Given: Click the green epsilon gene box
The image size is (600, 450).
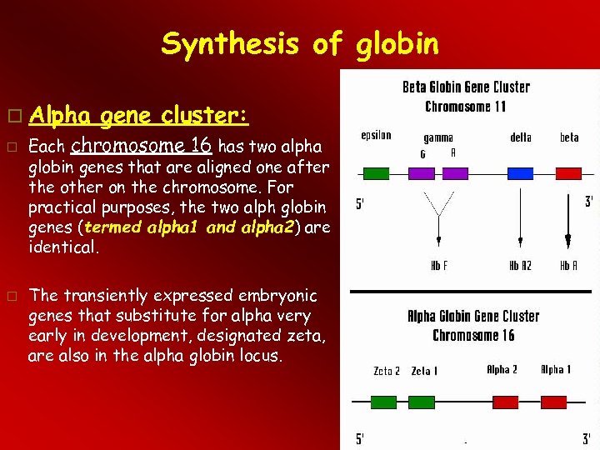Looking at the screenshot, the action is pos(377,173).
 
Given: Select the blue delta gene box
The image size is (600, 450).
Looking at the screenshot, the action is pos(520,173).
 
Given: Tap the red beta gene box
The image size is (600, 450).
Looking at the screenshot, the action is pos(568,173).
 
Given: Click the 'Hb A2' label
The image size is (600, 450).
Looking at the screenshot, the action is pos(522,266).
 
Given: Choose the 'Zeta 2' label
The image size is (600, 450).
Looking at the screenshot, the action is pos(386,371).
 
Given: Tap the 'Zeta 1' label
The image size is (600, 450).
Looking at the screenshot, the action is pos(424,371).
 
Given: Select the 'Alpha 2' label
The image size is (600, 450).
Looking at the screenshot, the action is pos(502,369).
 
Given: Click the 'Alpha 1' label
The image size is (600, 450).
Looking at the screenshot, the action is pos(556,369).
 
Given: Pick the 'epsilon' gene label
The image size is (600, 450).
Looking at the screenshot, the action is pos(376,135).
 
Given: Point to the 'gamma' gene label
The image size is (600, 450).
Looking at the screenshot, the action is pos(438,137).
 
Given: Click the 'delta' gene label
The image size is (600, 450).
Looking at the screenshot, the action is pos(521,137).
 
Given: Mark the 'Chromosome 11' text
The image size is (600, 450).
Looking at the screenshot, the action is pos(465,106).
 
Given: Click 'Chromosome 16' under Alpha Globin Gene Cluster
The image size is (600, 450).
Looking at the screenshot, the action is pos(472,335).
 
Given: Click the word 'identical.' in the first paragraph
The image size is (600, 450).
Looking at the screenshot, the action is pos(62,247).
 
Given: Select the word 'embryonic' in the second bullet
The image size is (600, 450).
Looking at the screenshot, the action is pos(277,296).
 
